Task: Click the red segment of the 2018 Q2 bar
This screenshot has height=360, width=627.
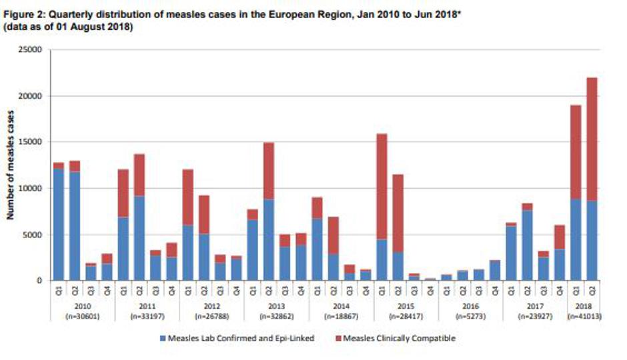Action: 592,140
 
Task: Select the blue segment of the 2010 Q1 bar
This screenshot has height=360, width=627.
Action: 59,223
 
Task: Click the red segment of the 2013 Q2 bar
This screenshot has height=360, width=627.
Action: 267,171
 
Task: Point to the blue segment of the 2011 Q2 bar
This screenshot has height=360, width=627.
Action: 139,237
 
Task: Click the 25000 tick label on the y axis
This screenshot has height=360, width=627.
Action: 31,50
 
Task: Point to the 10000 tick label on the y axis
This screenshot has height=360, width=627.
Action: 31,189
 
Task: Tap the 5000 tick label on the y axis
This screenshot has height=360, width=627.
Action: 33,235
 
